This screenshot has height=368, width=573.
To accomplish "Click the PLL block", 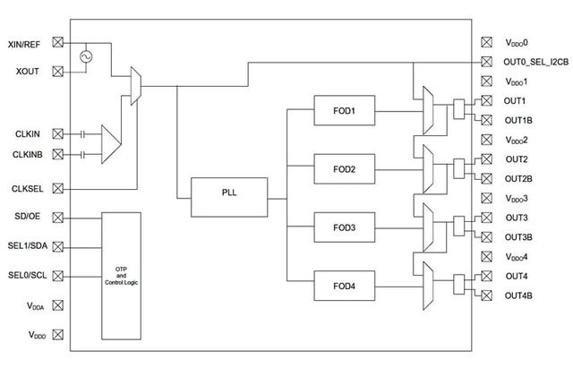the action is [x=229, y=197].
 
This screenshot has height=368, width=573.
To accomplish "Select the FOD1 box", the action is [x=344, y=110].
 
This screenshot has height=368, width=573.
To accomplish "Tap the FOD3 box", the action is [x=344, y=227].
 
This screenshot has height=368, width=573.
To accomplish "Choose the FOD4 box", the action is [x=344, y=286].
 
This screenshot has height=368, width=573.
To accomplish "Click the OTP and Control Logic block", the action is [x=121, y=276].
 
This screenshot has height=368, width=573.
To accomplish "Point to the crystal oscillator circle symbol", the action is [x=86, y=56].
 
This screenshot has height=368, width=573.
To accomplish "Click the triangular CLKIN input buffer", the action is [x=111, y=144].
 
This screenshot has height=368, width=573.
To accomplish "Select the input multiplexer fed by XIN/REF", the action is [x=135, y=86].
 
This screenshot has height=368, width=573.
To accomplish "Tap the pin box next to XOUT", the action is [x=57, y=72].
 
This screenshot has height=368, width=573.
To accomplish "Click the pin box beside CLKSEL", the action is [x=57, y=189].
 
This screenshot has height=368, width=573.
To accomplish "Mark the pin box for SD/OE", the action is [x=57, y=218].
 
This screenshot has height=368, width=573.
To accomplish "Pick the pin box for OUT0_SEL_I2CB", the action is [x=486, y=62].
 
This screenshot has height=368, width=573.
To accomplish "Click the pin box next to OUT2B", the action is [x=486, y=179].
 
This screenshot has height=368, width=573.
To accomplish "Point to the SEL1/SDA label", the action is [x=28, y=245].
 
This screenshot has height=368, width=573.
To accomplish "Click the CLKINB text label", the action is [x=28, y=155].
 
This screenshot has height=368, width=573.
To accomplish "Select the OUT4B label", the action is [x=518, y=295].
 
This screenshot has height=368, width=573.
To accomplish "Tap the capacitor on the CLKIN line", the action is [x=82, y=134].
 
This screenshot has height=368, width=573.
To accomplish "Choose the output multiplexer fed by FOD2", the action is [x=428, y=169].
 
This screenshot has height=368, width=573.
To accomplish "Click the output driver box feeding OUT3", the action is [x=459, y=227].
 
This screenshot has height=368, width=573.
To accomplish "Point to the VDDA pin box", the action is [x=57, y=305].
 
